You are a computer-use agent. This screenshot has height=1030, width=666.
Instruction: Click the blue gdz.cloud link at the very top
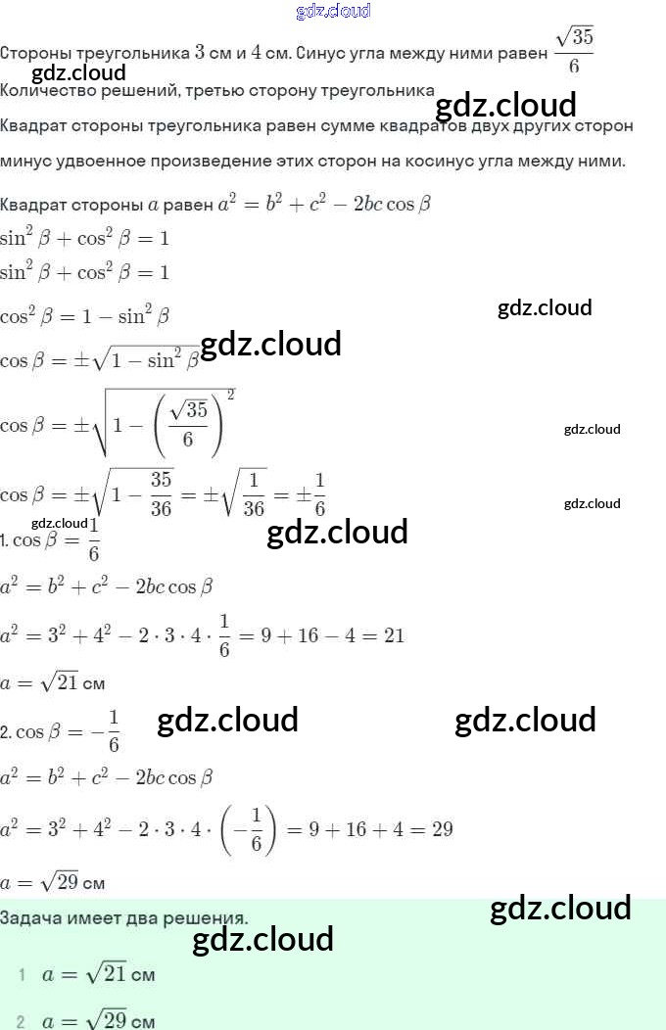tap(333, 11)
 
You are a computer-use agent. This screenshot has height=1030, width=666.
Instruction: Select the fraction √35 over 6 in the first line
tap(574, 51)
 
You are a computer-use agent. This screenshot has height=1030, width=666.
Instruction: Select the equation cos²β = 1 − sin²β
tap(85, 316)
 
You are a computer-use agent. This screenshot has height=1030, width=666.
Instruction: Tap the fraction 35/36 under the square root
tap(162, 493)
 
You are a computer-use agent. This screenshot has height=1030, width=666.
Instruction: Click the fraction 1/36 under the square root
tap(255, 493)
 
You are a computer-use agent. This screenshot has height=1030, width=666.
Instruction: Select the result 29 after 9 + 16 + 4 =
tap(442, 829)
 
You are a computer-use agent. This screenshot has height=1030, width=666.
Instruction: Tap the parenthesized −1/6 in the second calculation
tap(251, 829)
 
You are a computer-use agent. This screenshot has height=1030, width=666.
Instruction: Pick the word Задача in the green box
tap(28, 918)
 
